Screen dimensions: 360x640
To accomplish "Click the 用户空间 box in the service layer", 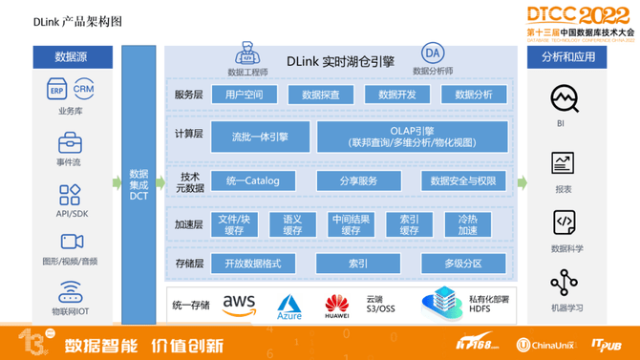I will (x=244, y=94).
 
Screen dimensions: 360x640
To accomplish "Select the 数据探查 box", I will (x=320, y=94).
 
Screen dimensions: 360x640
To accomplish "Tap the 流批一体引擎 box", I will (x=259, y=136).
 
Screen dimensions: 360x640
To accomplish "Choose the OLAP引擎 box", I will (x=412, y=136).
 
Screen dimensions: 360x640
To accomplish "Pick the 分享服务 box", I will (x=358, y=180).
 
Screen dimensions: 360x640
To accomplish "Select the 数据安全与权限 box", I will (x=462, y=180).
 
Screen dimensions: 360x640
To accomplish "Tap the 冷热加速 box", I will (x=467, y=224).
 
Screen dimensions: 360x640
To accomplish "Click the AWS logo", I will (x=239, y=305).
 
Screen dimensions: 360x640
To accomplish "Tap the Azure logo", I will (x=289, y=307).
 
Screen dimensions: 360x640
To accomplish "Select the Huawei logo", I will (x=336, y=306).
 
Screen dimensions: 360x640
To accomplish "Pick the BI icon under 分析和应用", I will (x=564, y=98).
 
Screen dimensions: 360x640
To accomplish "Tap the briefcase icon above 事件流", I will (x=70, y=143).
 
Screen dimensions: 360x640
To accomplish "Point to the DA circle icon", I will (x=432, y=53).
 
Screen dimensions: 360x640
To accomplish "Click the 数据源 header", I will (x=71, y=56).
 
